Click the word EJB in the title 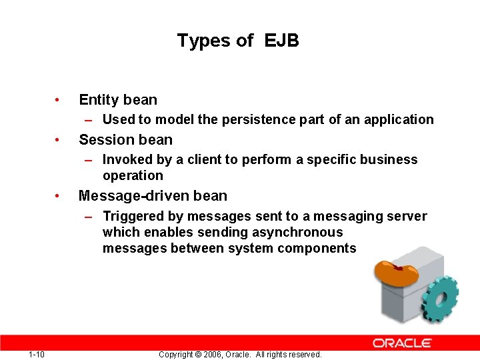pos(281,41)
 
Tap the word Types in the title pos(205,41)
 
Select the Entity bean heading pos(118,100)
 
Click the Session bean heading pos(125,140)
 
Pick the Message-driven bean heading pos(153,196)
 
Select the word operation pos(133,176)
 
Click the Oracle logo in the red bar pos(402,343)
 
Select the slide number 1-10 pos(37,354)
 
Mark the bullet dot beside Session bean pos(59,140)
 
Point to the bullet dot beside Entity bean pos(59,100)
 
